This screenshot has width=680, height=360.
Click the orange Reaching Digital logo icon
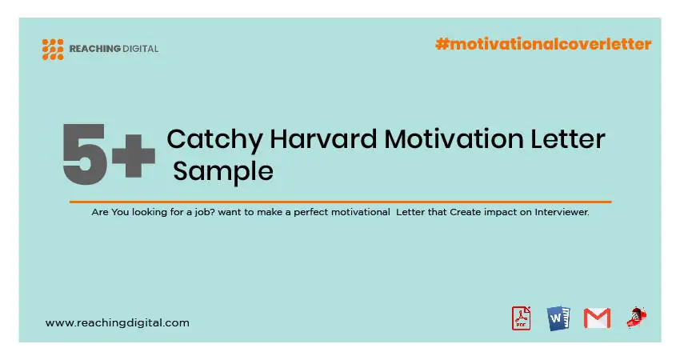[53, 49]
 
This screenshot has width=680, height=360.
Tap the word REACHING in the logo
[95, 49]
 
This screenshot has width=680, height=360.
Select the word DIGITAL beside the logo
[141, 49]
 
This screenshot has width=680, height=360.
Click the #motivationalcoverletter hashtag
[543, 44]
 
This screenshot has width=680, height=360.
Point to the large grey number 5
[84, 154]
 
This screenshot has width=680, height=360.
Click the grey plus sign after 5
[134, 156]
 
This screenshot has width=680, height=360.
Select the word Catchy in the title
[214, 140]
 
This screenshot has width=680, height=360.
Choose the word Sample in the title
[223, 172]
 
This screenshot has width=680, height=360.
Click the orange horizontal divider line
[341, 202]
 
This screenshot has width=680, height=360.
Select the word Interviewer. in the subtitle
[562, 212]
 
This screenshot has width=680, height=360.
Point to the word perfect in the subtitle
[308, 213]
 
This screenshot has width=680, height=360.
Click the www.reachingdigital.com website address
[117, 322]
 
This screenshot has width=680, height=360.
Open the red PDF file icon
[522, 318]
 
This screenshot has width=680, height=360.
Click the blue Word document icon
[558, 318]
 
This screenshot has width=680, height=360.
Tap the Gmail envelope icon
[597, 318]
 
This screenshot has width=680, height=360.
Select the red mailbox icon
[637, 318]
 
